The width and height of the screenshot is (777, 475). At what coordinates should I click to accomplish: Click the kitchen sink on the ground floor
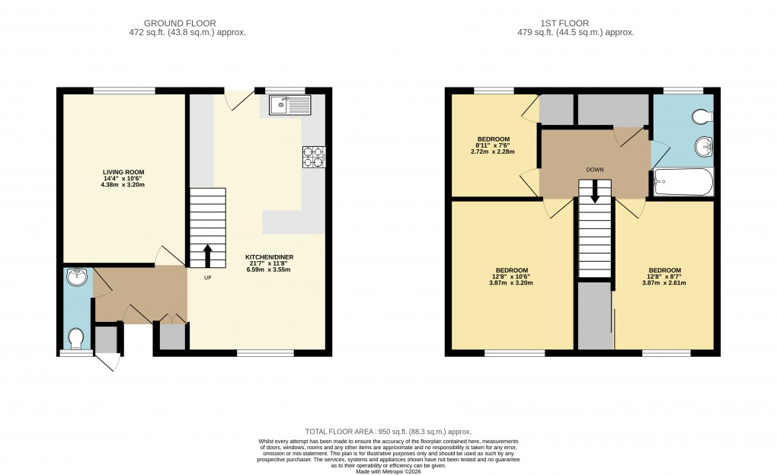tap(290, 105)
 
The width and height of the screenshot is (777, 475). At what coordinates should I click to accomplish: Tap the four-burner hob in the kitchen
tap(314, 156)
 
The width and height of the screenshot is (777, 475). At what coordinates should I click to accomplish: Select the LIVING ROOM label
tap(123, 172)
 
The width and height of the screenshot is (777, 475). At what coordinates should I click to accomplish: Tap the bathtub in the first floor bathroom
tap(683, 183)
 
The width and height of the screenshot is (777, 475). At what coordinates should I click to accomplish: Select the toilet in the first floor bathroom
tap(702, 116)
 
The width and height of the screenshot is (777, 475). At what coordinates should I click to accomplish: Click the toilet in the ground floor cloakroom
tap(76, 336)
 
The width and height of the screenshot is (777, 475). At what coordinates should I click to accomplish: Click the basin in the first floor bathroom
tap(703, 147)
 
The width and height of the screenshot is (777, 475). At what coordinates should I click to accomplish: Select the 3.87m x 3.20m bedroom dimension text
tap(512, 282)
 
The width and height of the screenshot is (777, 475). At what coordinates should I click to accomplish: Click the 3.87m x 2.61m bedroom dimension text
tap(664, 282)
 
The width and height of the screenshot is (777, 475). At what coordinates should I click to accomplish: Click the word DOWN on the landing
tap(595, 170)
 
